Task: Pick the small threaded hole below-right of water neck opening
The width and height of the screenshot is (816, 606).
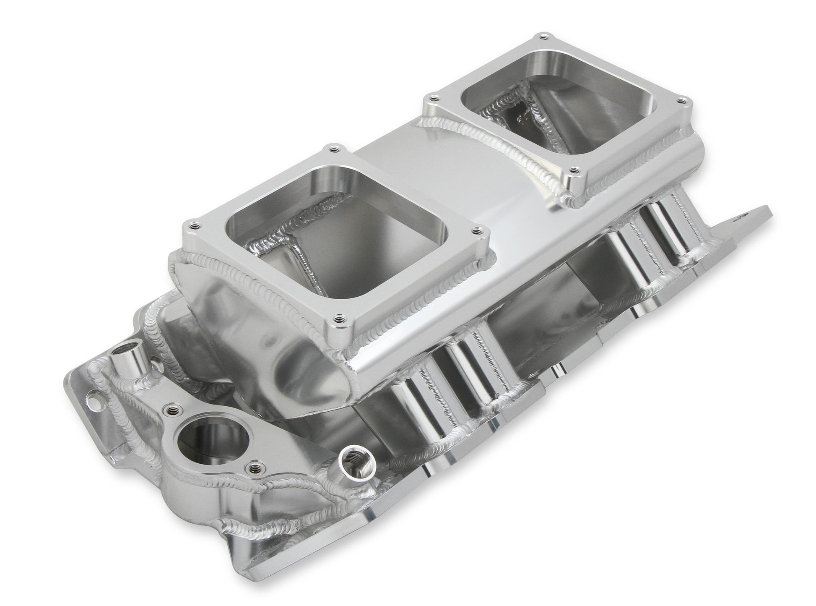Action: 252,467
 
